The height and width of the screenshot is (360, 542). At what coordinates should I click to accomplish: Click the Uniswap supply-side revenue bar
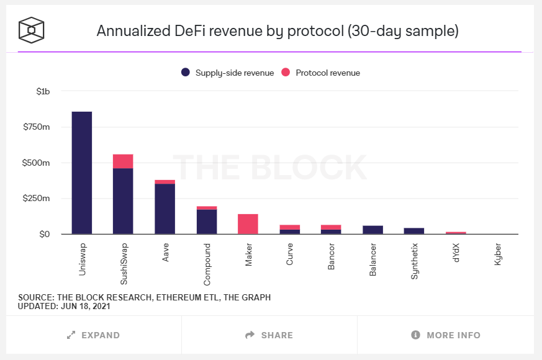82,173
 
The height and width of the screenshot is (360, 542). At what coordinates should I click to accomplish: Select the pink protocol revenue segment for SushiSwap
123,161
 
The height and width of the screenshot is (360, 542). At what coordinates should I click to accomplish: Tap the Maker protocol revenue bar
248,224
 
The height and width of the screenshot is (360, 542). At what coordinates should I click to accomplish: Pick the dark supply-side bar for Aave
165,209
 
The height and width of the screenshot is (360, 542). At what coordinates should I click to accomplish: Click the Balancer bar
373,230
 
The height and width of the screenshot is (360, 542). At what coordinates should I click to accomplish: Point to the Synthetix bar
414,231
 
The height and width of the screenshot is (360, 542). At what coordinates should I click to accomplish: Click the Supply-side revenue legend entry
227,73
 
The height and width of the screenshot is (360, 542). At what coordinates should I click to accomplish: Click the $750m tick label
37,127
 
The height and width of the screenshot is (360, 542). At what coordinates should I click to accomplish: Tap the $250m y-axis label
37,199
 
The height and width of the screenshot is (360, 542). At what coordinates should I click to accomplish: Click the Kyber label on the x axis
498,255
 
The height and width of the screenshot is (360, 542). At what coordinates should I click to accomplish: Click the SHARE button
269,335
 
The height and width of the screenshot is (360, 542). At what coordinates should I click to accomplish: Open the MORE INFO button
446,335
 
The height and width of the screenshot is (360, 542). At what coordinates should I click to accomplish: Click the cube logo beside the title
31,30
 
